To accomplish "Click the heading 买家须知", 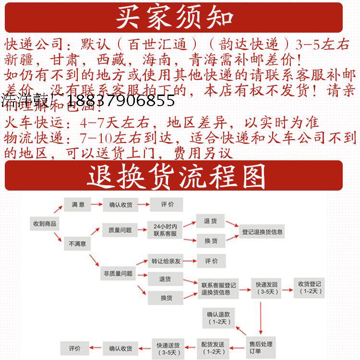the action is tap(175, 17).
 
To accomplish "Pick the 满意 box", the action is tap(78, 205).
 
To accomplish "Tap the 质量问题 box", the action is tap(117, 230).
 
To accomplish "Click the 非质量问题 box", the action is tap(117, 274).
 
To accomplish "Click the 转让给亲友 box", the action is tap(165, 262).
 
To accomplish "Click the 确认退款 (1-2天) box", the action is tap(218, 317).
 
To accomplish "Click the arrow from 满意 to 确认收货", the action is tap(96, 205).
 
